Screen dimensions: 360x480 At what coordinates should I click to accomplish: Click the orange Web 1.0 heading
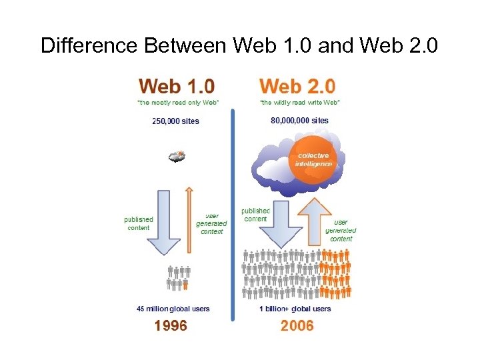click(x=176, y=86)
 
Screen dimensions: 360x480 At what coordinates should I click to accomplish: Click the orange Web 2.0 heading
click(x=297, y=86)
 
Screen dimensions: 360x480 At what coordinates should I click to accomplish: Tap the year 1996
click(x=171, y=326)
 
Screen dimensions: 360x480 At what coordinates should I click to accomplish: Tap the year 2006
click(x=297, y=326)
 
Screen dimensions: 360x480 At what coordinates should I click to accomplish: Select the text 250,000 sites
click(x=176, y=121)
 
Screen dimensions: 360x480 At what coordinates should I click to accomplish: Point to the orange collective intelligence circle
click(x=313, y=160)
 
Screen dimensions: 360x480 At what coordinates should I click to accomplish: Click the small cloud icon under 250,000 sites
click(x=177, y=157)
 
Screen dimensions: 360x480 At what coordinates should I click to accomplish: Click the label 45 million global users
click(x=173, y=309)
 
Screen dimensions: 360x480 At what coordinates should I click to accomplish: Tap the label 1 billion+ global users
click(x=295, y=309)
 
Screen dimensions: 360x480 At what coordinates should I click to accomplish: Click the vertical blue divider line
click(x=233, y=213)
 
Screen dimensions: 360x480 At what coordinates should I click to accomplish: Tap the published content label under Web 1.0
click(x=139, y=223)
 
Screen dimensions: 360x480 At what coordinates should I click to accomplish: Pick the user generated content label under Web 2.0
click(x=341, y=230)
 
